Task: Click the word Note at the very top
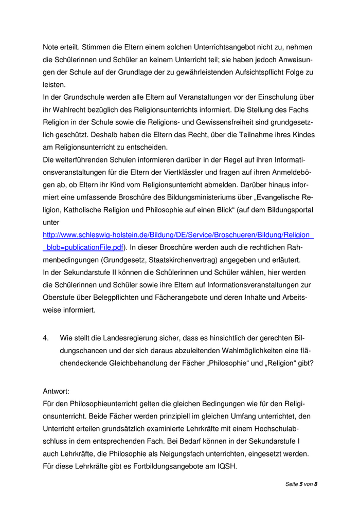point(51,47)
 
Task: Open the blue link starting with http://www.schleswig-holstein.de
point(178,235)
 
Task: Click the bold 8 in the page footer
point(316,484)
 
